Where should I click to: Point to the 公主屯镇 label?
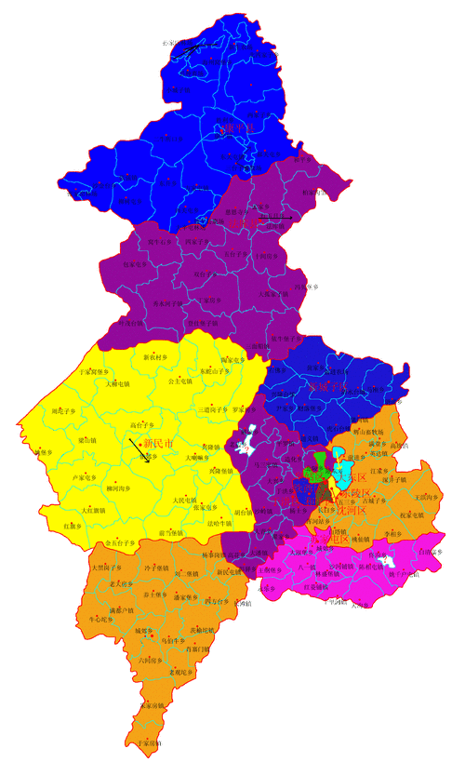pyautogui.click(x=179, y=381)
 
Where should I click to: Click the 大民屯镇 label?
pyautogui.click(x=186, y=501)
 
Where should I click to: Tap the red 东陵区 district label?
pyautogui.click(x=354, y=492)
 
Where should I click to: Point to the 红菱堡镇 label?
pyautogui.click(x=320, y=587)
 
